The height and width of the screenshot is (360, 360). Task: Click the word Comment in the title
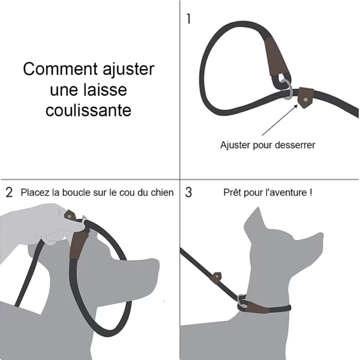pos(61,68)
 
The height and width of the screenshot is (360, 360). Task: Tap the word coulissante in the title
pos(88,110)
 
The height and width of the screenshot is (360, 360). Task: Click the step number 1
pos(189,19)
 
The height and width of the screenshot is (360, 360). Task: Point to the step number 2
pos(9,193)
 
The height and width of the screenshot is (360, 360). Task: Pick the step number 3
pos(188,193)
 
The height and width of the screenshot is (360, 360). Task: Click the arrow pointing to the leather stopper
pos(280,120)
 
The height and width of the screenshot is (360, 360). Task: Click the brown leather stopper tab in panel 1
pos(305,98)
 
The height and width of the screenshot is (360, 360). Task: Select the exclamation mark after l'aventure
pos(311,193)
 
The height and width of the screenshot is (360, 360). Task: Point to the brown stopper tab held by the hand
pos(69,216)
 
